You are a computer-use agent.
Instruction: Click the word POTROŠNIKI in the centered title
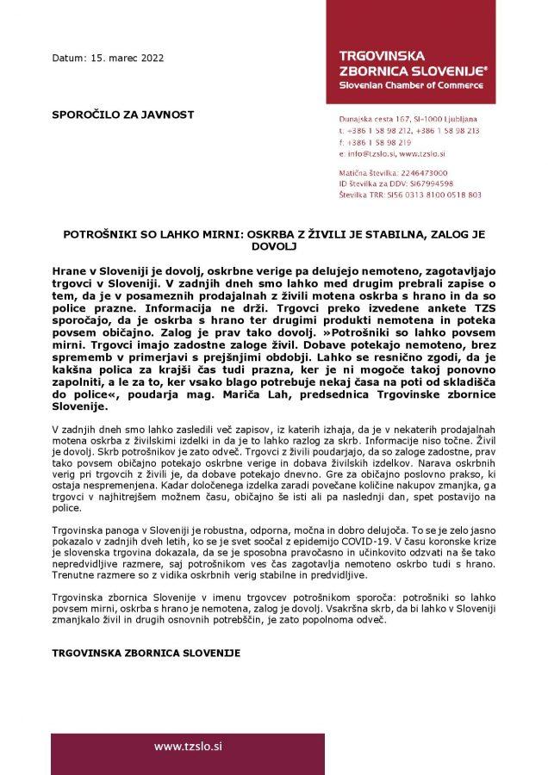103,233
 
